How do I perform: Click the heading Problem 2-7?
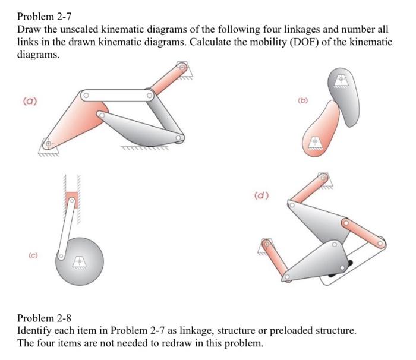pos(48,15)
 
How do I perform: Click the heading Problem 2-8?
pos(48,317)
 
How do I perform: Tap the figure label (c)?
pos(29,256)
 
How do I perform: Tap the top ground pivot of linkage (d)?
pos(323,177)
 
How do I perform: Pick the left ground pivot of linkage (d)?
pos(266,244)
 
